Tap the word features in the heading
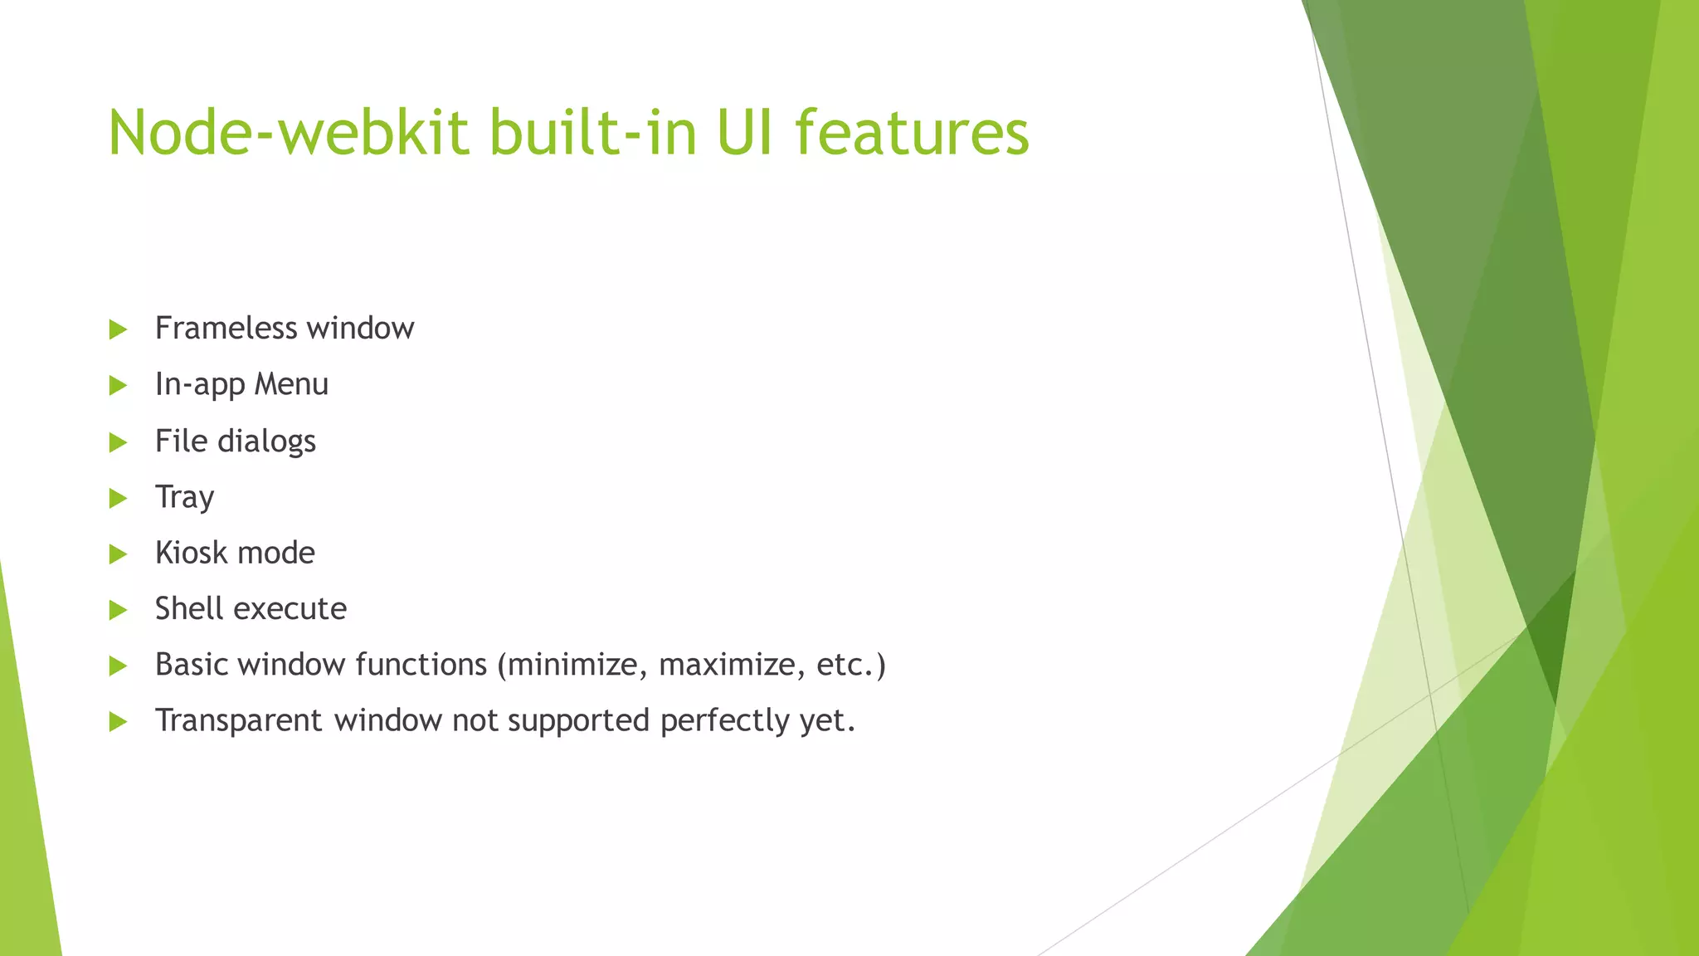tap(912, 133)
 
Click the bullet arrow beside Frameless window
tap(118, 329)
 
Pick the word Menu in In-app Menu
tap(291, 384)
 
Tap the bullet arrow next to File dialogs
tap(118, 442)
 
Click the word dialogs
tap(266, 441)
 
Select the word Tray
tap(184, 498)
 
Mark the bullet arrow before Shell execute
tap(118, 611)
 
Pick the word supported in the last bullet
tap(578, 721)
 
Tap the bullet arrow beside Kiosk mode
tap(118, 554)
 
